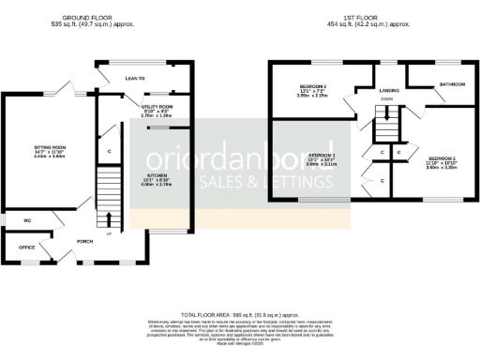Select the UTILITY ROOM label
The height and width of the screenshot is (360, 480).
(x=158, y=108)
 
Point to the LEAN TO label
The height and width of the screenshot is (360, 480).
(x=135, y=80)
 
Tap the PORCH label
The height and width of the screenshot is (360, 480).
(x=85, y=241)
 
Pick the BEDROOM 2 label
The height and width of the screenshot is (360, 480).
(x=442, y=158)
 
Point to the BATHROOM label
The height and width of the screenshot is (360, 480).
(x=453, y=84)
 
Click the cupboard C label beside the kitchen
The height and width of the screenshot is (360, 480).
(x=110, y=150)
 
